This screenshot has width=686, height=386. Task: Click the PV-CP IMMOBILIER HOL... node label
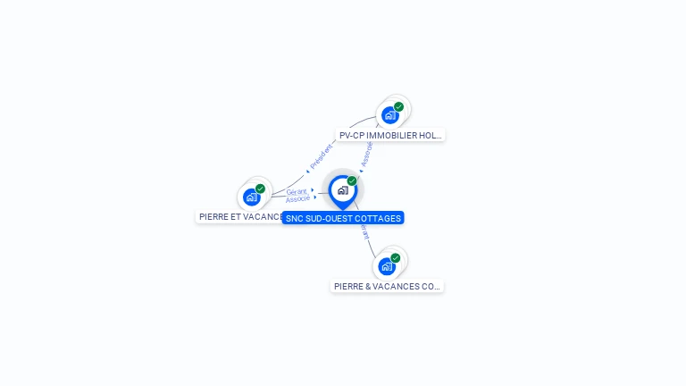[390, 136]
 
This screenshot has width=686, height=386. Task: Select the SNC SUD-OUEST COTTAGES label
[343, 218]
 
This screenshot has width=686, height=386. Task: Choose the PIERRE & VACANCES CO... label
[387, 287]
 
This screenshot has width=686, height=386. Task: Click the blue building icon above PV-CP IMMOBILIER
[389, 115]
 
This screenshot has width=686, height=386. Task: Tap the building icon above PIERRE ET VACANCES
[251, 197]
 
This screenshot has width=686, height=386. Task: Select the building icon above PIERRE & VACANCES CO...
[386, 266]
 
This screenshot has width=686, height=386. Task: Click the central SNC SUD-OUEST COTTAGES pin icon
[342, 190]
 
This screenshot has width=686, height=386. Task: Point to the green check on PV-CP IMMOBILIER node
[398, 107]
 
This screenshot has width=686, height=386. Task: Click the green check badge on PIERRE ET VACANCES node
[260, 189]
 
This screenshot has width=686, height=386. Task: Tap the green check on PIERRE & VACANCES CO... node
[396, 258]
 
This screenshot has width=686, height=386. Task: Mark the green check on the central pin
[352, 180]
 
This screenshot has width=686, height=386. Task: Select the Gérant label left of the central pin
[297, 192]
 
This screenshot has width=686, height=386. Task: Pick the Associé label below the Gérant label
[298, 199]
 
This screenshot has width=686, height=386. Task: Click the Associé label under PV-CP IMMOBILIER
[366, 154]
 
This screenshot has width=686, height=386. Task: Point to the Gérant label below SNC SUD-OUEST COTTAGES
[364, 231]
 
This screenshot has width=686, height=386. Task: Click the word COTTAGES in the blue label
[376, 218]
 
